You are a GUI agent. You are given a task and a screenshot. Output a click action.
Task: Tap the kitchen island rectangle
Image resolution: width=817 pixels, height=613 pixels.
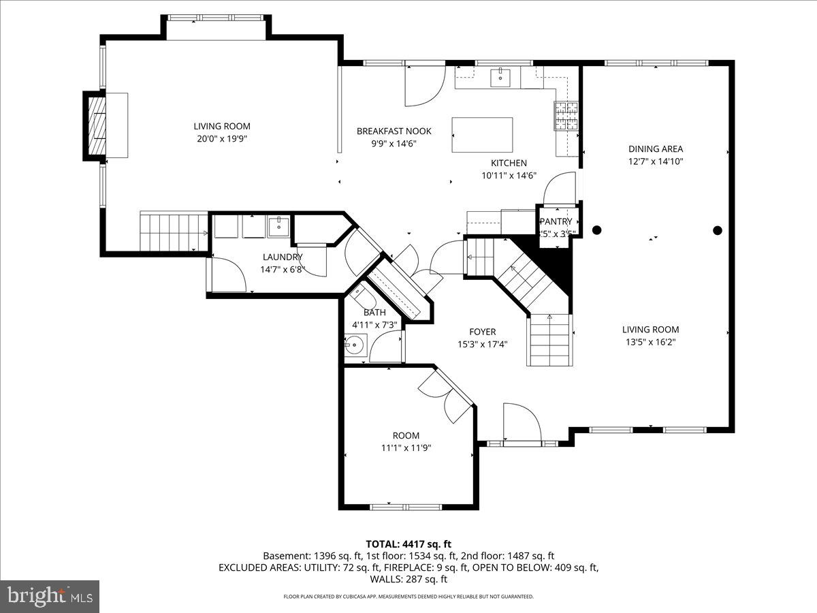(x=482, y=136)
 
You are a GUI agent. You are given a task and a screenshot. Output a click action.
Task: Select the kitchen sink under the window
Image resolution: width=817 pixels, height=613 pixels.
(x=502, y=78)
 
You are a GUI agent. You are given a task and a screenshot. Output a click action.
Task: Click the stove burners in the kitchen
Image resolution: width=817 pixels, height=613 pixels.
(x=566, y=116)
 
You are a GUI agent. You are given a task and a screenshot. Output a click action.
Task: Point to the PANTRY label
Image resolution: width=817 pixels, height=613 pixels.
(x=556, y=221)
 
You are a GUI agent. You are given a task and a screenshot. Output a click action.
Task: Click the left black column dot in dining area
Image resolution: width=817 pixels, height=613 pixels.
(x=597, y=230)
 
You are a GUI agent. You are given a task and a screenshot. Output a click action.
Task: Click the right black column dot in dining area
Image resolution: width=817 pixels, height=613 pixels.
(x=717, y=230)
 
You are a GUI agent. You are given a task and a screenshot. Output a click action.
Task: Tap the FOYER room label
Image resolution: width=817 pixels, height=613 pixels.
(x=482, y=332)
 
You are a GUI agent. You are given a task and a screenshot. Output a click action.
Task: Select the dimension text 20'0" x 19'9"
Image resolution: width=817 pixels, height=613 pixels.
(x=222, y=138)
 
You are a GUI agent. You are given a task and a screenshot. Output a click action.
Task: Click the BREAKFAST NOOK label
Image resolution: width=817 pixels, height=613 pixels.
(x=394, y=131)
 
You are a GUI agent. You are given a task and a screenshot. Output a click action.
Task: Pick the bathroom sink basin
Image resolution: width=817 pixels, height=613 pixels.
(x=353, y=345)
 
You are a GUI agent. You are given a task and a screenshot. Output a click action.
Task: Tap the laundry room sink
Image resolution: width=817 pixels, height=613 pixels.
(x=279, y=226)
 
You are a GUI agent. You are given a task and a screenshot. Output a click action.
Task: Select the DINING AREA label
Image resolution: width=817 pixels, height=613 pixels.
(x=655, y=148)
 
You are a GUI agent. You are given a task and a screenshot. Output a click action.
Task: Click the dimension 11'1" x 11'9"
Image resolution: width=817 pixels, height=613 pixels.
(x=406, y=448)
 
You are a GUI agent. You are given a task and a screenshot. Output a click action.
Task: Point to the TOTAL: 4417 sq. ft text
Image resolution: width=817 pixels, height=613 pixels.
(x=408, y=544)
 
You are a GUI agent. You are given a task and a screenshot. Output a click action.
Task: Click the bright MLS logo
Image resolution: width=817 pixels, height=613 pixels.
(x=50, y=597)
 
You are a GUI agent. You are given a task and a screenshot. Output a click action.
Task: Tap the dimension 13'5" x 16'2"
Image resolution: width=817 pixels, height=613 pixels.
(x=650, y=342)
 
